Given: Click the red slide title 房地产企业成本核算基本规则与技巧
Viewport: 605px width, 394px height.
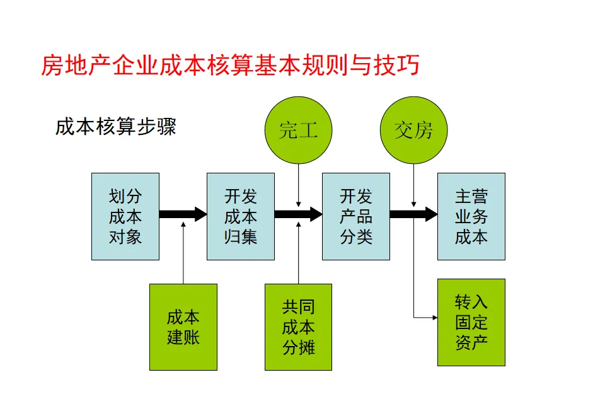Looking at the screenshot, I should (x=230, y=65).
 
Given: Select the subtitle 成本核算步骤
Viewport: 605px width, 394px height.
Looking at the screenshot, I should (x=115, y=126).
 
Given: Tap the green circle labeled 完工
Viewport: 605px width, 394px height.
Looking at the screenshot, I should (x=298, y=130).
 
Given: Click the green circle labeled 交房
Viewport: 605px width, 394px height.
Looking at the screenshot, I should (x=413, y=130).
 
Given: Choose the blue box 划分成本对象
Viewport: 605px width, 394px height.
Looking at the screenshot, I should (x=125, y=216).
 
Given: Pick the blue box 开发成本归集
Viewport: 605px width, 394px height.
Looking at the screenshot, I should (x=241, y=216).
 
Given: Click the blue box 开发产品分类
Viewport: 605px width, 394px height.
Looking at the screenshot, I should (x=356, y=216).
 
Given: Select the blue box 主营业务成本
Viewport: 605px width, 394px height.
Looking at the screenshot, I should (x=471, y=216).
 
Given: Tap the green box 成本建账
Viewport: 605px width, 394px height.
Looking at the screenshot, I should (x=183, y=327).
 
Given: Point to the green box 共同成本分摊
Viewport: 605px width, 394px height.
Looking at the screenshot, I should (x=298, y=327).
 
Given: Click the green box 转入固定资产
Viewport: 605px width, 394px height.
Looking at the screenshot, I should (x=471, y=322).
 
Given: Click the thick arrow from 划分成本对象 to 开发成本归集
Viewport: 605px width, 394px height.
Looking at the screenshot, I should (x=183, y=214).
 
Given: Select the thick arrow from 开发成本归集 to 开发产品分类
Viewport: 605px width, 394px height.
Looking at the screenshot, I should (x=298, y=214).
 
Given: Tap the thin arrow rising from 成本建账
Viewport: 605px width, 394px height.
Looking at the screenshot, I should (x=183, y=252).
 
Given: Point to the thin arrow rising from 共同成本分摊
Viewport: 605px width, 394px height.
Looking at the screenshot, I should (x=299, y=252).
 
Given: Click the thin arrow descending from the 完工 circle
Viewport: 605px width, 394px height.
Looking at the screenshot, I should (x=299, y=183).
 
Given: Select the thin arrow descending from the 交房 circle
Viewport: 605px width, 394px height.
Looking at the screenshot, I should (x=413, y=183).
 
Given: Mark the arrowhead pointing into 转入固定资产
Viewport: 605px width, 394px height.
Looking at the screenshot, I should (x=434, y=317).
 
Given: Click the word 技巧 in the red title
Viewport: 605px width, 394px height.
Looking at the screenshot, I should (x=400, y=65).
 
